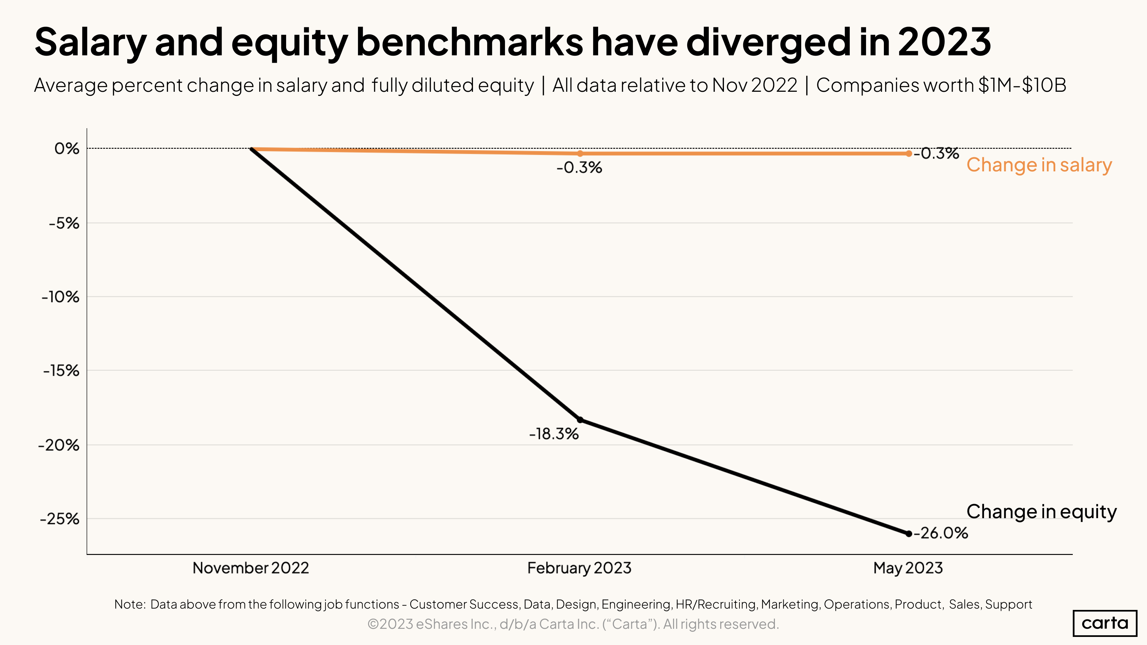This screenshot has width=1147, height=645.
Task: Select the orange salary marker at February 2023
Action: click(580, 153)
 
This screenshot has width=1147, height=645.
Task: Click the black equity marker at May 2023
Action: click(909, 534)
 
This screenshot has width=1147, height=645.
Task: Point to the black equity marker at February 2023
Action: click(580, 420)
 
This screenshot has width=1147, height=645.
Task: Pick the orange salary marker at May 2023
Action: click(909, 153)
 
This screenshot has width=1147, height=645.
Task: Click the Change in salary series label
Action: click(1039, 165)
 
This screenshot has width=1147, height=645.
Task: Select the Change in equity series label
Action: click(1041, 511)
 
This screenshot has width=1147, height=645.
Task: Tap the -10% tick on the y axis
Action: click(61, 297)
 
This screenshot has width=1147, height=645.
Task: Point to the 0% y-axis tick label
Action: click(67, 149)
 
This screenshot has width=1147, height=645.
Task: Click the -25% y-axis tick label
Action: click(60, 519)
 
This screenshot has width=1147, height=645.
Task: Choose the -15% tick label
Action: click(61, 371)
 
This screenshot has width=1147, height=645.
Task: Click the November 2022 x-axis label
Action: click(251, 568)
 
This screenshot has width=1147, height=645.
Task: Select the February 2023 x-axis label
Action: click(579, 568)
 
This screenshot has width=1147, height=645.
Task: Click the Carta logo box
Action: click(1105, 623)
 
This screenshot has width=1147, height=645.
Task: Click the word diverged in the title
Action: click(768, 42)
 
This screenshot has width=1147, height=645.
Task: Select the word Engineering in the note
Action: click(636, 604)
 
